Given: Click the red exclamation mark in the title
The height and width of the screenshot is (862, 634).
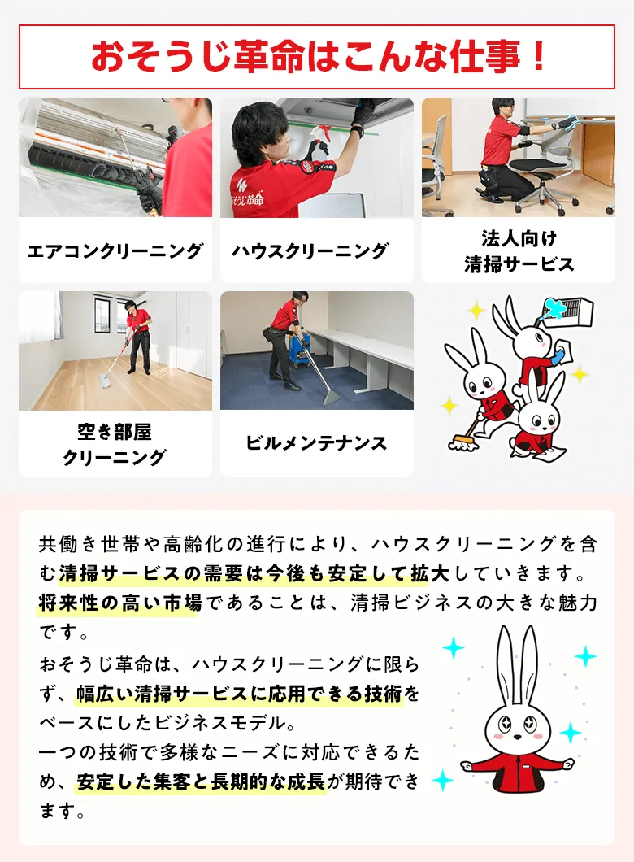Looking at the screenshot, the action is tap(539, 56).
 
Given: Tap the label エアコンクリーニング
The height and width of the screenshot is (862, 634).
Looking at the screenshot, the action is tap(115, 251).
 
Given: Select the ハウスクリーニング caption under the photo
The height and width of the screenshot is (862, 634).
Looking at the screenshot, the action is tap(310, 251).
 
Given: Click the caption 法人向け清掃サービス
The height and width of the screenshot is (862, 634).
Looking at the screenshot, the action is tap(519, 251).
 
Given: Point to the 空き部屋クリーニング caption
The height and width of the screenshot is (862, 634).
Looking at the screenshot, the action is tap(115, 444).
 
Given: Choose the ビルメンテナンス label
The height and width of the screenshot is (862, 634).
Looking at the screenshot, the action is tap(316, 443).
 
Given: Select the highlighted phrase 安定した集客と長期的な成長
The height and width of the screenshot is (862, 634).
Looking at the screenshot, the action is tap(201, 781).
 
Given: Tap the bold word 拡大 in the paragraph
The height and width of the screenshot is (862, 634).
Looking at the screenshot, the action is tap(430, 573).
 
